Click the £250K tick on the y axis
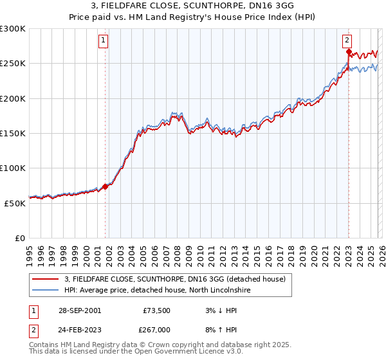(x=13, y=64)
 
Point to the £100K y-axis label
(x=13, y=168)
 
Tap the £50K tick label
(x=15, y=203)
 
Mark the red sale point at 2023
(x=348, y=51)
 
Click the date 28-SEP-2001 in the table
(x=79, y=310)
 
